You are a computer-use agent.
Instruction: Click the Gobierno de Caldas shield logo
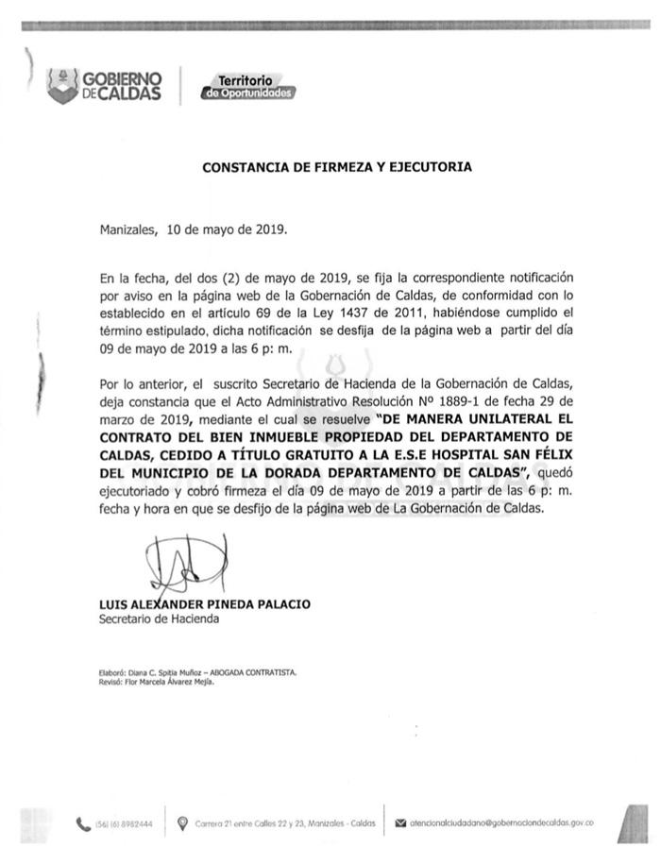point(62,85)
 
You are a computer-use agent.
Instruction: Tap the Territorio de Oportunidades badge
point(247,88)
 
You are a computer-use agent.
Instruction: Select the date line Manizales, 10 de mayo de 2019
point(194,229)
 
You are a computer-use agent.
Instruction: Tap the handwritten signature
point(187,565)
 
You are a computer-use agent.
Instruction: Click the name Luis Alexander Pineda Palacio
point(205,604)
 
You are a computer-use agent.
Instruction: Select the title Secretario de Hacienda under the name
point(159,619)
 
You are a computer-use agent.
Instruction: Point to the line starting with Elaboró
point(197,672)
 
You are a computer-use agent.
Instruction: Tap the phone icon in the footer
point(84,823)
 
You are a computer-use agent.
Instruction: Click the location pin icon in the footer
point(182,823)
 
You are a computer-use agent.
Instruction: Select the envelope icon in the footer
point(401,823)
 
